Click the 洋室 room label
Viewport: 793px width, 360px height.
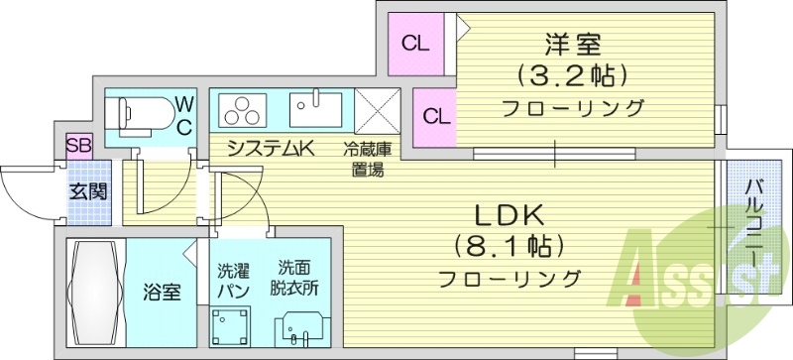pyautogui.click(x=573, y=45)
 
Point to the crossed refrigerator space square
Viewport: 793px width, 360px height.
pyautogui.click(x=377, y=108)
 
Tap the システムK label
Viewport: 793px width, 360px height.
pyautogui.click(x=269, y=150)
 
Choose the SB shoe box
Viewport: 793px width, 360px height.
pyautogui.click(x=78, y=146)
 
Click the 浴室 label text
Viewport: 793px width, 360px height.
pyautogui.click(x=163, y=293)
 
